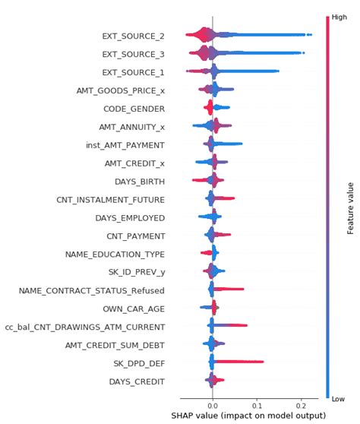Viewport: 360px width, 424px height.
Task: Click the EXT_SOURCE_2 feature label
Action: (134, 36)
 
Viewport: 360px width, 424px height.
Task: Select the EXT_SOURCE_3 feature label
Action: (134, 54)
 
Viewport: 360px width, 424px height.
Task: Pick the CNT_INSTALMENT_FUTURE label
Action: (111, 199)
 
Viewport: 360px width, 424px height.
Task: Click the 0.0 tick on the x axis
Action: (213, 404)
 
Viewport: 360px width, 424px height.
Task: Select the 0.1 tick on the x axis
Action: (257, 404)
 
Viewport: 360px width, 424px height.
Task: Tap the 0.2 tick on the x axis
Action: (302, 404)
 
